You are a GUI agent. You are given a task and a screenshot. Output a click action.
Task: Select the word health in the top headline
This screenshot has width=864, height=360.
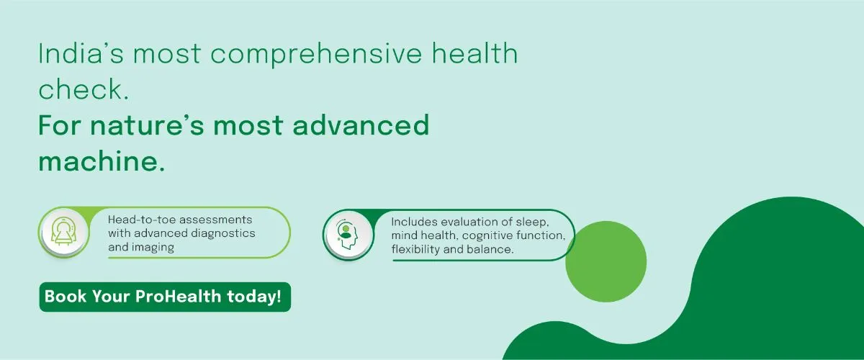point(474,53)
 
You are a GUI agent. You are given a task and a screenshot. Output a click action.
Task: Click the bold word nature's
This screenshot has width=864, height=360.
point(147,125)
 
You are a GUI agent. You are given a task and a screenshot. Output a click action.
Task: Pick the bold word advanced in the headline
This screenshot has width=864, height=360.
point(361,125)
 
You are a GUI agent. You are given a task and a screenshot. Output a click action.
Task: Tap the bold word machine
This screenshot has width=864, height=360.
point(102,161)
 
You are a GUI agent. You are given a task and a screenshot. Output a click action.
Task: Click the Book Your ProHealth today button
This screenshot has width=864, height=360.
point(165,297)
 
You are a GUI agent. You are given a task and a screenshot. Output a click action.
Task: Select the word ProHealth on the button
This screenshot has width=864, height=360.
point(179,297)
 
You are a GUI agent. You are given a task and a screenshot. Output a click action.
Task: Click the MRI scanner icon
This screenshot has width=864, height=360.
point(64,232)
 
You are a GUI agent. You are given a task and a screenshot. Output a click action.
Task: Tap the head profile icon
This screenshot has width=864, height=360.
point(347,235)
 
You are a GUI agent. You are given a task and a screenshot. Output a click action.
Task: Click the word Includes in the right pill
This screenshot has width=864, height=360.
point(414,222)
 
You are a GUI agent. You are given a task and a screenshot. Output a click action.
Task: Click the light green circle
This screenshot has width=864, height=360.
point(606,261)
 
